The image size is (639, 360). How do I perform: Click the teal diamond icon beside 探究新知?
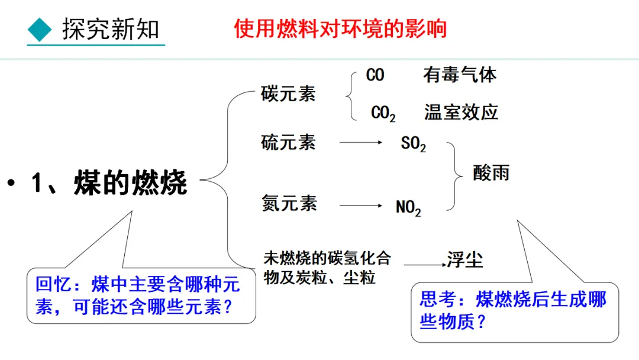pyautogui.click(x=40, y=30)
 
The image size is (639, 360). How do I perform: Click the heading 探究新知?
pyautogui.click(x=111, y=30)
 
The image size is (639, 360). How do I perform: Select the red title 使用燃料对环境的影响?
pyautogui.click(x=340, y=28)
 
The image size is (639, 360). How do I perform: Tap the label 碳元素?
pyautogui.click(x=288, y=94)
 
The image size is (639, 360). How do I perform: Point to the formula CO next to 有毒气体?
pyautogui.click(x=375, y=75)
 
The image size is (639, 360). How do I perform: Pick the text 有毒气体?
pyautogui.click(x=460, y=75)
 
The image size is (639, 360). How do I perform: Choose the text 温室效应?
pyautogui.click(x=461, y=112)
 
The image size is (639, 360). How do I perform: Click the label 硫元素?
pyautogui.click(x=288, y=142)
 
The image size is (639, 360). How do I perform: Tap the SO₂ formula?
pyautogui.click(x=413, y=144)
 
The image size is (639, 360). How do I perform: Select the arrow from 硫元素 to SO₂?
pyautogui.click(x=361, y=142)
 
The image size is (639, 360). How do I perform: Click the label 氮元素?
pyautogui.click(x=289, y=204)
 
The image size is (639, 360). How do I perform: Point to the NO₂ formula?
pyautogui.click(x=408, y=207)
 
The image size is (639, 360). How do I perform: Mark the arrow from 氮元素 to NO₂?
pyautogui.click(x=361, y=205)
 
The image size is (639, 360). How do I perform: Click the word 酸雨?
pyautogui.click(x=491, y=172)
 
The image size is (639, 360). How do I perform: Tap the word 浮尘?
pyautogui.click(x=465, y=259)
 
